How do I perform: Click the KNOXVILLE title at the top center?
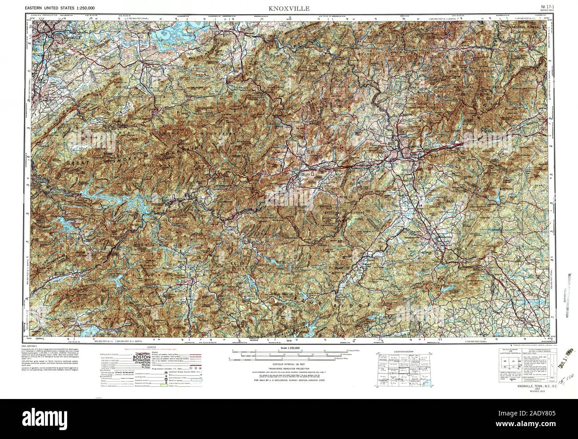(x=289, y=8)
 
